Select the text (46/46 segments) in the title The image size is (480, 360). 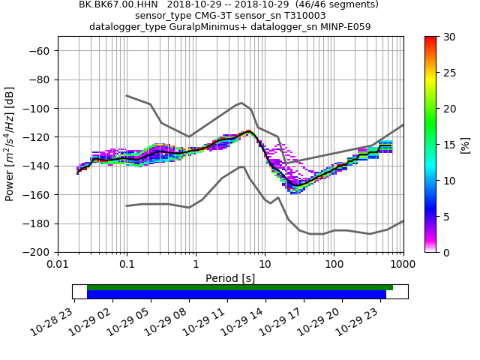pos(329,4)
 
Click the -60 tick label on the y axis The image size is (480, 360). pos(39,50)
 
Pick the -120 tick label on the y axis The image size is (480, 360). pos(36,137)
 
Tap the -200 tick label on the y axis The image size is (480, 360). pos(36,252)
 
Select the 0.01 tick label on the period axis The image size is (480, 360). pos(58,265)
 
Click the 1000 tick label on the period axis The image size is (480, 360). pos(403,265)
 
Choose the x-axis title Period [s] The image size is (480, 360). pos(230,278)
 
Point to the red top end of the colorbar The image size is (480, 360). pos(430,39)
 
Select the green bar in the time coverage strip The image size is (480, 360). pos(240,287)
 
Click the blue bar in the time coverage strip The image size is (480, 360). pos(236,295)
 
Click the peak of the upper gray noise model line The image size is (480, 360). pos(241,103)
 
